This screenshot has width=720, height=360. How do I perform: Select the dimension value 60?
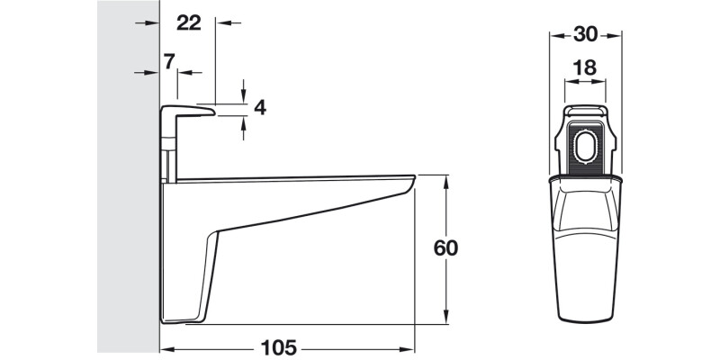pyautogui.click(x=445, y=248)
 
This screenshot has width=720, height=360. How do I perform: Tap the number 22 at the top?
pyautogui.click(x=188, y=23)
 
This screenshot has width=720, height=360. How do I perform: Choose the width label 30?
pyautogui.click(x=586, y=34)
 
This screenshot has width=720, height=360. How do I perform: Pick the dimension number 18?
pyautogui.click(x=585, y=67)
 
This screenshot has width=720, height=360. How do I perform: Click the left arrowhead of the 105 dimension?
pyautogui.click(x=166, y=349)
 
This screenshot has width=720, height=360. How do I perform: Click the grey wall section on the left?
pyautogui.click(x=127, y=180)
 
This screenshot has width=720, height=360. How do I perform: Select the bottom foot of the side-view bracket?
pyautogui.click(x=184, y=317)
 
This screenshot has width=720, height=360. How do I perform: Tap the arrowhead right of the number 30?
pyautogui.click(x=616, y=35)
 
